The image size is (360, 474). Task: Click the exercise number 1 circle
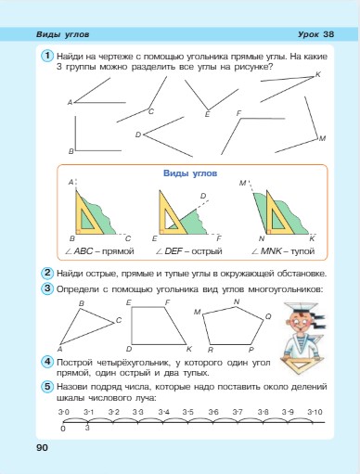click(45, 58)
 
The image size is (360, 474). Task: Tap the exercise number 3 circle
click(45, 288)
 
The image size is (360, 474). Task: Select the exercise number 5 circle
click(45, 386)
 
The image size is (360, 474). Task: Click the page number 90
click(42, 448)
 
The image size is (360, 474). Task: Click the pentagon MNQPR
click(236, 325)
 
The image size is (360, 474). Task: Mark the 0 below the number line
click(63, 428)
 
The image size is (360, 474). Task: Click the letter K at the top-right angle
click(317, 74)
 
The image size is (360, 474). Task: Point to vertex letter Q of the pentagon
click(268, 316)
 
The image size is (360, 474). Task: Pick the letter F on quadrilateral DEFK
click(167, 302)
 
